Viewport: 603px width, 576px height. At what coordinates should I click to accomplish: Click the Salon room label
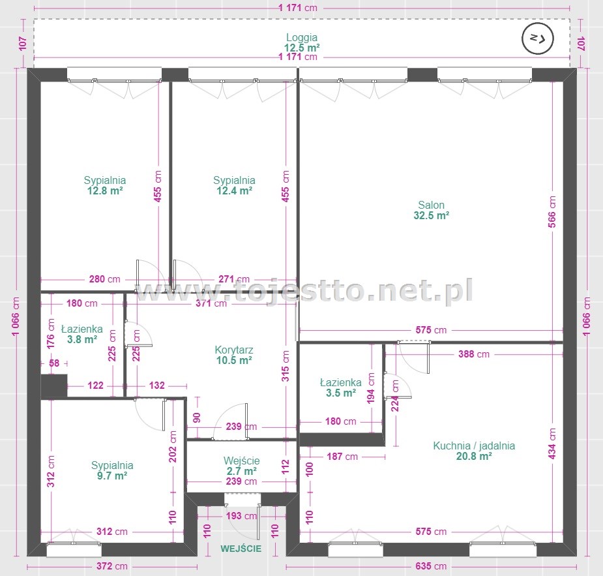click(x=431, y=205)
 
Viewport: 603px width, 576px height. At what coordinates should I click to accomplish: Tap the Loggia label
click(x=301, y=37)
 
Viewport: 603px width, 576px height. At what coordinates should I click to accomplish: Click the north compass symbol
click(x=538, y=38)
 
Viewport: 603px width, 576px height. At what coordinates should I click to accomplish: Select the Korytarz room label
click(x=234, y=350)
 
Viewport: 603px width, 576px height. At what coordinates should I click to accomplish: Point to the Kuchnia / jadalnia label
click(x=474, y=446)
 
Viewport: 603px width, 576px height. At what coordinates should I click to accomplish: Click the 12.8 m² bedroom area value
click(x=104, y=190)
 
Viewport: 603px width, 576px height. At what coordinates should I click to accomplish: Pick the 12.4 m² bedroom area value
click(x=234, y=190)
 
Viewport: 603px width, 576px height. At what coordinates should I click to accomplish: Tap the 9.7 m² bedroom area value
click(x=112, y=476)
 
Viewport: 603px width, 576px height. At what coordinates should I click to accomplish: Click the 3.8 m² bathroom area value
click(x=82, y=339)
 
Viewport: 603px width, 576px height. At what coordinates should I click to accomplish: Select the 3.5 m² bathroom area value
click(x=341, y=393)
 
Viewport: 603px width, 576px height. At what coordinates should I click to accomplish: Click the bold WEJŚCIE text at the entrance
click(x=241, y=549)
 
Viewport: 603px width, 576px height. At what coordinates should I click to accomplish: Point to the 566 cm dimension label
click(x=552, y=212)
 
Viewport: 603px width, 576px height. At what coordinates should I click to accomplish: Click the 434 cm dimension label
click(x=552, y=444)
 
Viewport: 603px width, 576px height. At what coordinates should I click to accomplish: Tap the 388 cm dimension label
click(x=474, y=354)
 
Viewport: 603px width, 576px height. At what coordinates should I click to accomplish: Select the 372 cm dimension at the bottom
click(x=111, y=566)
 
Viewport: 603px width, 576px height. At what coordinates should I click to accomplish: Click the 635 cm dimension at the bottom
click(x=431, y=566)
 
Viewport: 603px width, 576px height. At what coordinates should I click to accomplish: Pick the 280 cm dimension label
click(x=104, y=279)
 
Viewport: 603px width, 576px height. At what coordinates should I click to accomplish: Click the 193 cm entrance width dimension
click(x=241, y=515)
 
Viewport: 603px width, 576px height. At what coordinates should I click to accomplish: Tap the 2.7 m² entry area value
click(x=241, y=471)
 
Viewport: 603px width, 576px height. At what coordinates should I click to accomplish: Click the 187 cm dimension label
click(x=342, y=457)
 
